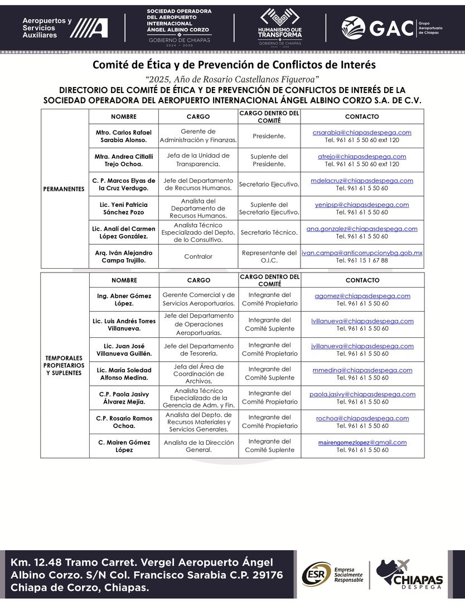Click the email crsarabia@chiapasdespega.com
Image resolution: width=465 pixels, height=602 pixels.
pos(362,133)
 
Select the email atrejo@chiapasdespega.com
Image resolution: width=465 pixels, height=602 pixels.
pos(362,157)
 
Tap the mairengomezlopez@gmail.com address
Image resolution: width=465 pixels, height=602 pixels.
pos(362,443)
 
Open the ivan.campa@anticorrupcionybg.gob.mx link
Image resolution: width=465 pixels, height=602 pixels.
pos(362,253)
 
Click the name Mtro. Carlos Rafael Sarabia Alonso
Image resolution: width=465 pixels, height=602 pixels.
pos(123,136)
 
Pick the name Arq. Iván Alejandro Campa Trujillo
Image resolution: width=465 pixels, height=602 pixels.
pos(123,256)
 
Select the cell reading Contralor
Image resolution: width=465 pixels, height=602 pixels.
pos(198,257)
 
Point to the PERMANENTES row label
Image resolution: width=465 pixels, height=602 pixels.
pos(64,189)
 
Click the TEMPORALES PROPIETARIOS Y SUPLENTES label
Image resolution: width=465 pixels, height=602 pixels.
pos(64,365)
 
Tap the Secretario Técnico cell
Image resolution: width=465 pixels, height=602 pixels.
pos(269,232)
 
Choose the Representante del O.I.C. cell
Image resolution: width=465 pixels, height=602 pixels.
pos(269,256)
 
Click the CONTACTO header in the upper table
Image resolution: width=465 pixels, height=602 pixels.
pos(362,117)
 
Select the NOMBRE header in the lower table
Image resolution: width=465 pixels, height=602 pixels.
pos(123,280)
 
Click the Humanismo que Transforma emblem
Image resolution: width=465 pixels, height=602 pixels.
pos(280,25)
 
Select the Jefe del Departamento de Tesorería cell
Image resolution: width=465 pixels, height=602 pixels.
pos(198,349)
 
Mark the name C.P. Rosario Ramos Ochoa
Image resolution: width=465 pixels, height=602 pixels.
pos(123,422)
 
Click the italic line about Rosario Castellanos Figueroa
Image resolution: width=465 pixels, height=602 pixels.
pos(232,79)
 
